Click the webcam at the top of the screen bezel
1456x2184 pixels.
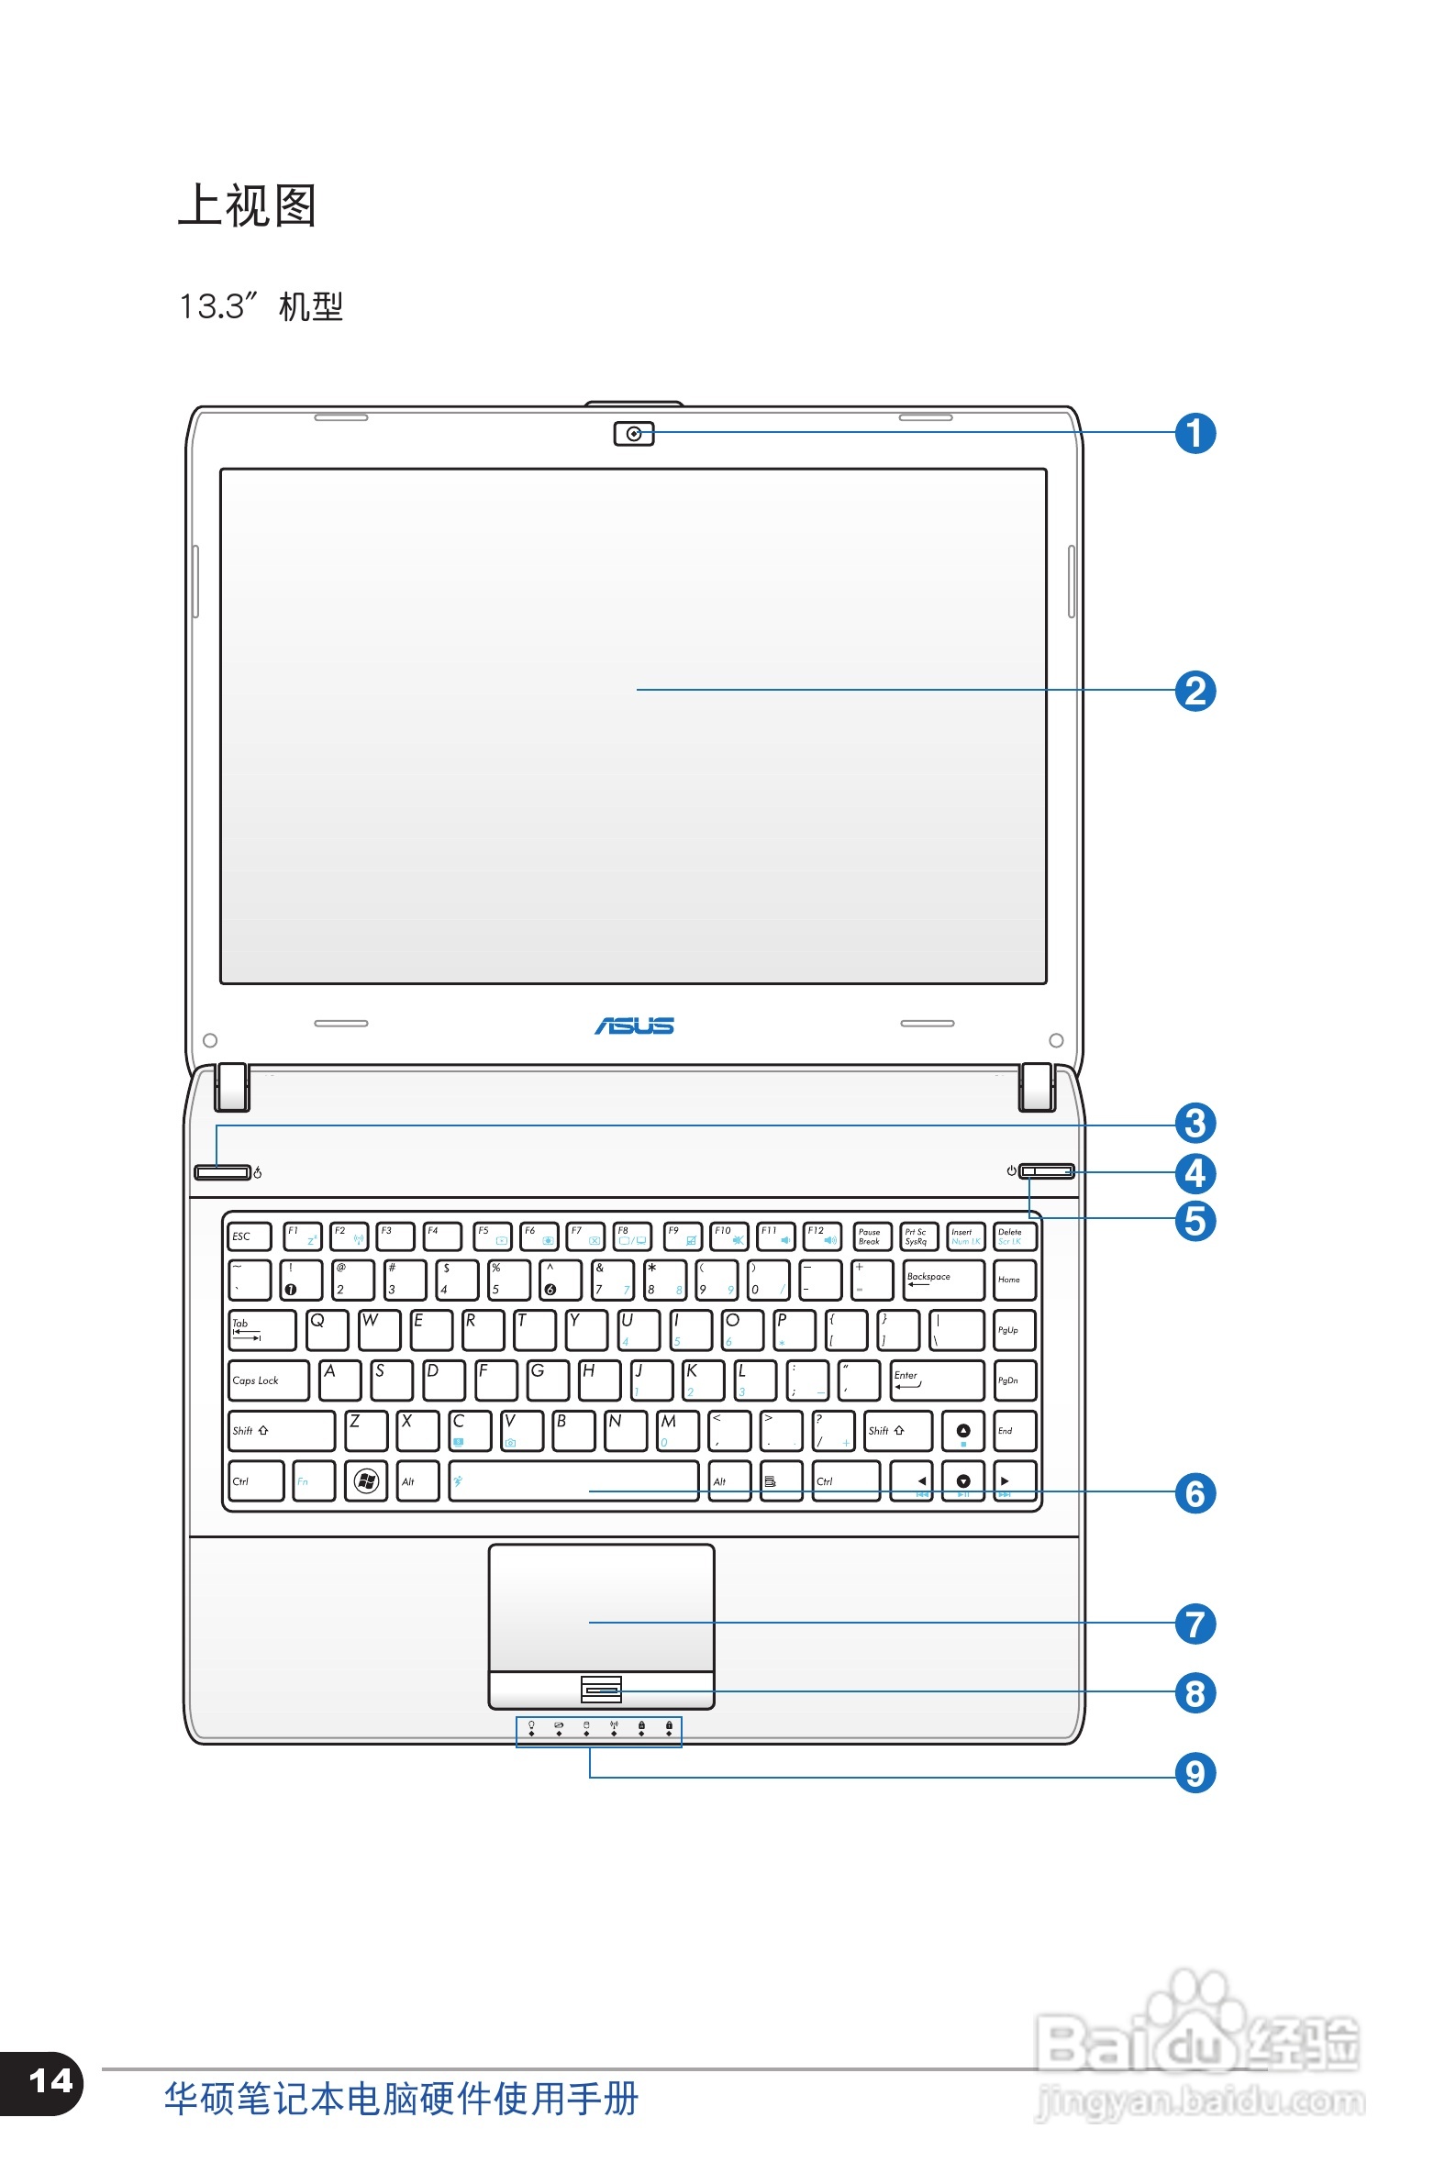[633, 434]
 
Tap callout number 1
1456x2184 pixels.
[1195, 434]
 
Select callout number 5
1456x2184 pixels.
[1195, 1221]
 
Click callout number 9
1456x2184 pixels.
[1195, 1773]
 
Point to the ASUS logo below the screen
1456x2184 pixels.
[634, 1025]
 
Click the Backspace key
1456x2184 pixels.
[942, 1279]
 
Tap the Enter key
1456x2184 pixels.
[936, 1380]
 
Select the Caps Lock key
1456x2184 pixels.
[267, 1380]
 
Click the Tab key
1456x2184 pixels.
[261, 1330]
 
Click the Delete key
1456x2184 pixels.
[1013, 1236]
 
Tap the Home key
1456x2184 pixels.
[1013, 1279]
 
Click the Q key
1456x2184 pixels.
[327, 1329]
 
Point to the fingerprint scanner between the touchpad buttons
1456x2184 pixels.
[601, 1690]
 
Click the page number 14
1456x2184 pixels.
[50, 2081]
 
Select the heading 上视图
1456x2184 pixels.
[247, 206]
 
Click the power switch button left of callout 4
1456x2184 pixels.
[1047, 1171]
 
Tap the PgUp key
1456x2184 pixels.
[1013, 1330]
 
